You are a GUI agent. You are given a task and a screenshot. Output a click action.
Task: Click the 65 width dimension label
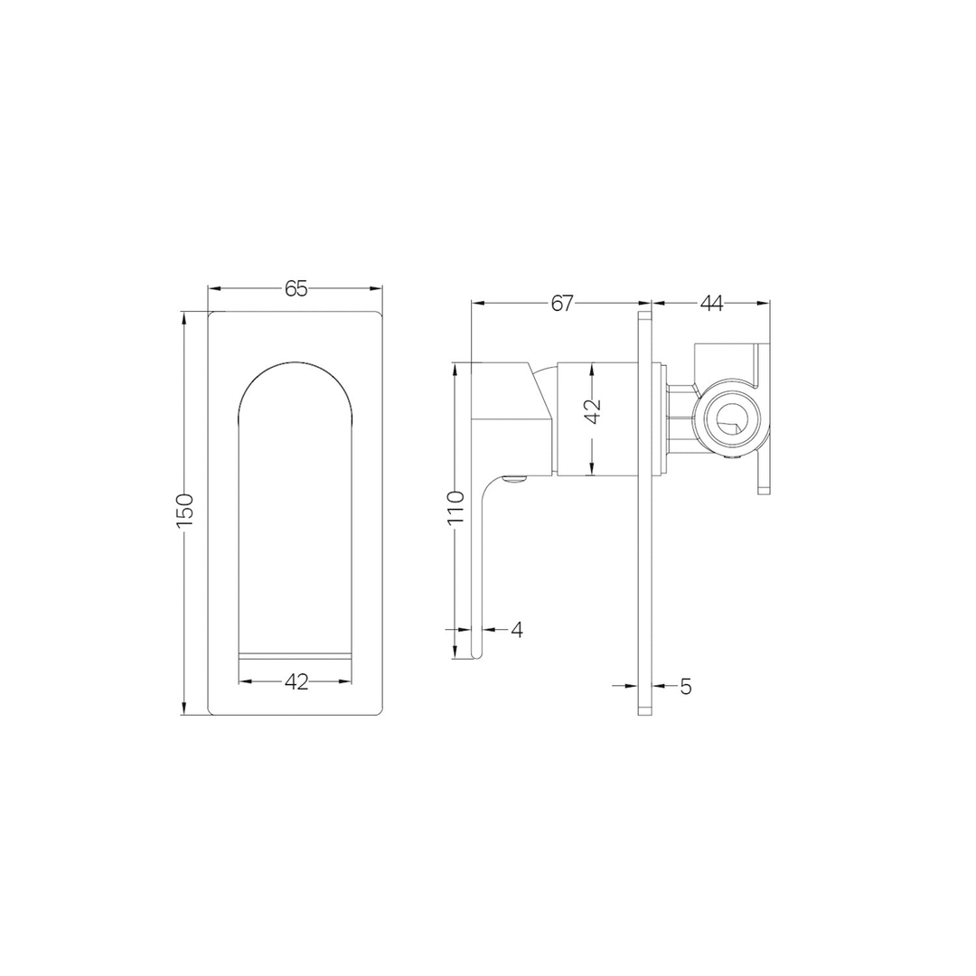296,288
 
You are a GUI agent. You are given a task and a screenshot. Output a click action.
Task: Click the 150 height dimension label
184,511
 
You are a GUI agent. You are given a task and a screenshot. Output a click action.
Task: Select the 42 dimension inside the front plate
296,682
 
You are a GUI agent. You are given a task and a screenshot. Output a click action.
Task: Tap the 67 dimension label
562,304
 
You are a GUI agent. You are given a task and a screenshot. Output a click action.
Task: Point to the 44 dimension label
711,304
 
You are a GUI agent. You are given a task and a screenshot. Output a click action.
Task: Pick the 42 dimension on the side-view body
591,412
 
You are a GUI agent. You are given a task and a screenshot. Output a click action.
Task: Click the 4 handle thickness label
516,630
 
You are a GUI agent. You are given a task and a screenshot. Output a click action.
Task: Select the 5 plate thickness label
686,687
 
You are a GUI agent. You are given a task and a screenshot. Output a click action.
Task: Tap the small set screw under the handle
515,481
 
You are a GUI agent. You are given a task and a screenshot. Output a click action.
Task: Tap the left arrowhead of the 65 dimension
212,288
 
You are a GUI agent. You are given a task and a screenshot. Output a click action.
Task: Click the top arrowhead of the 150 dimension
184,316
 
